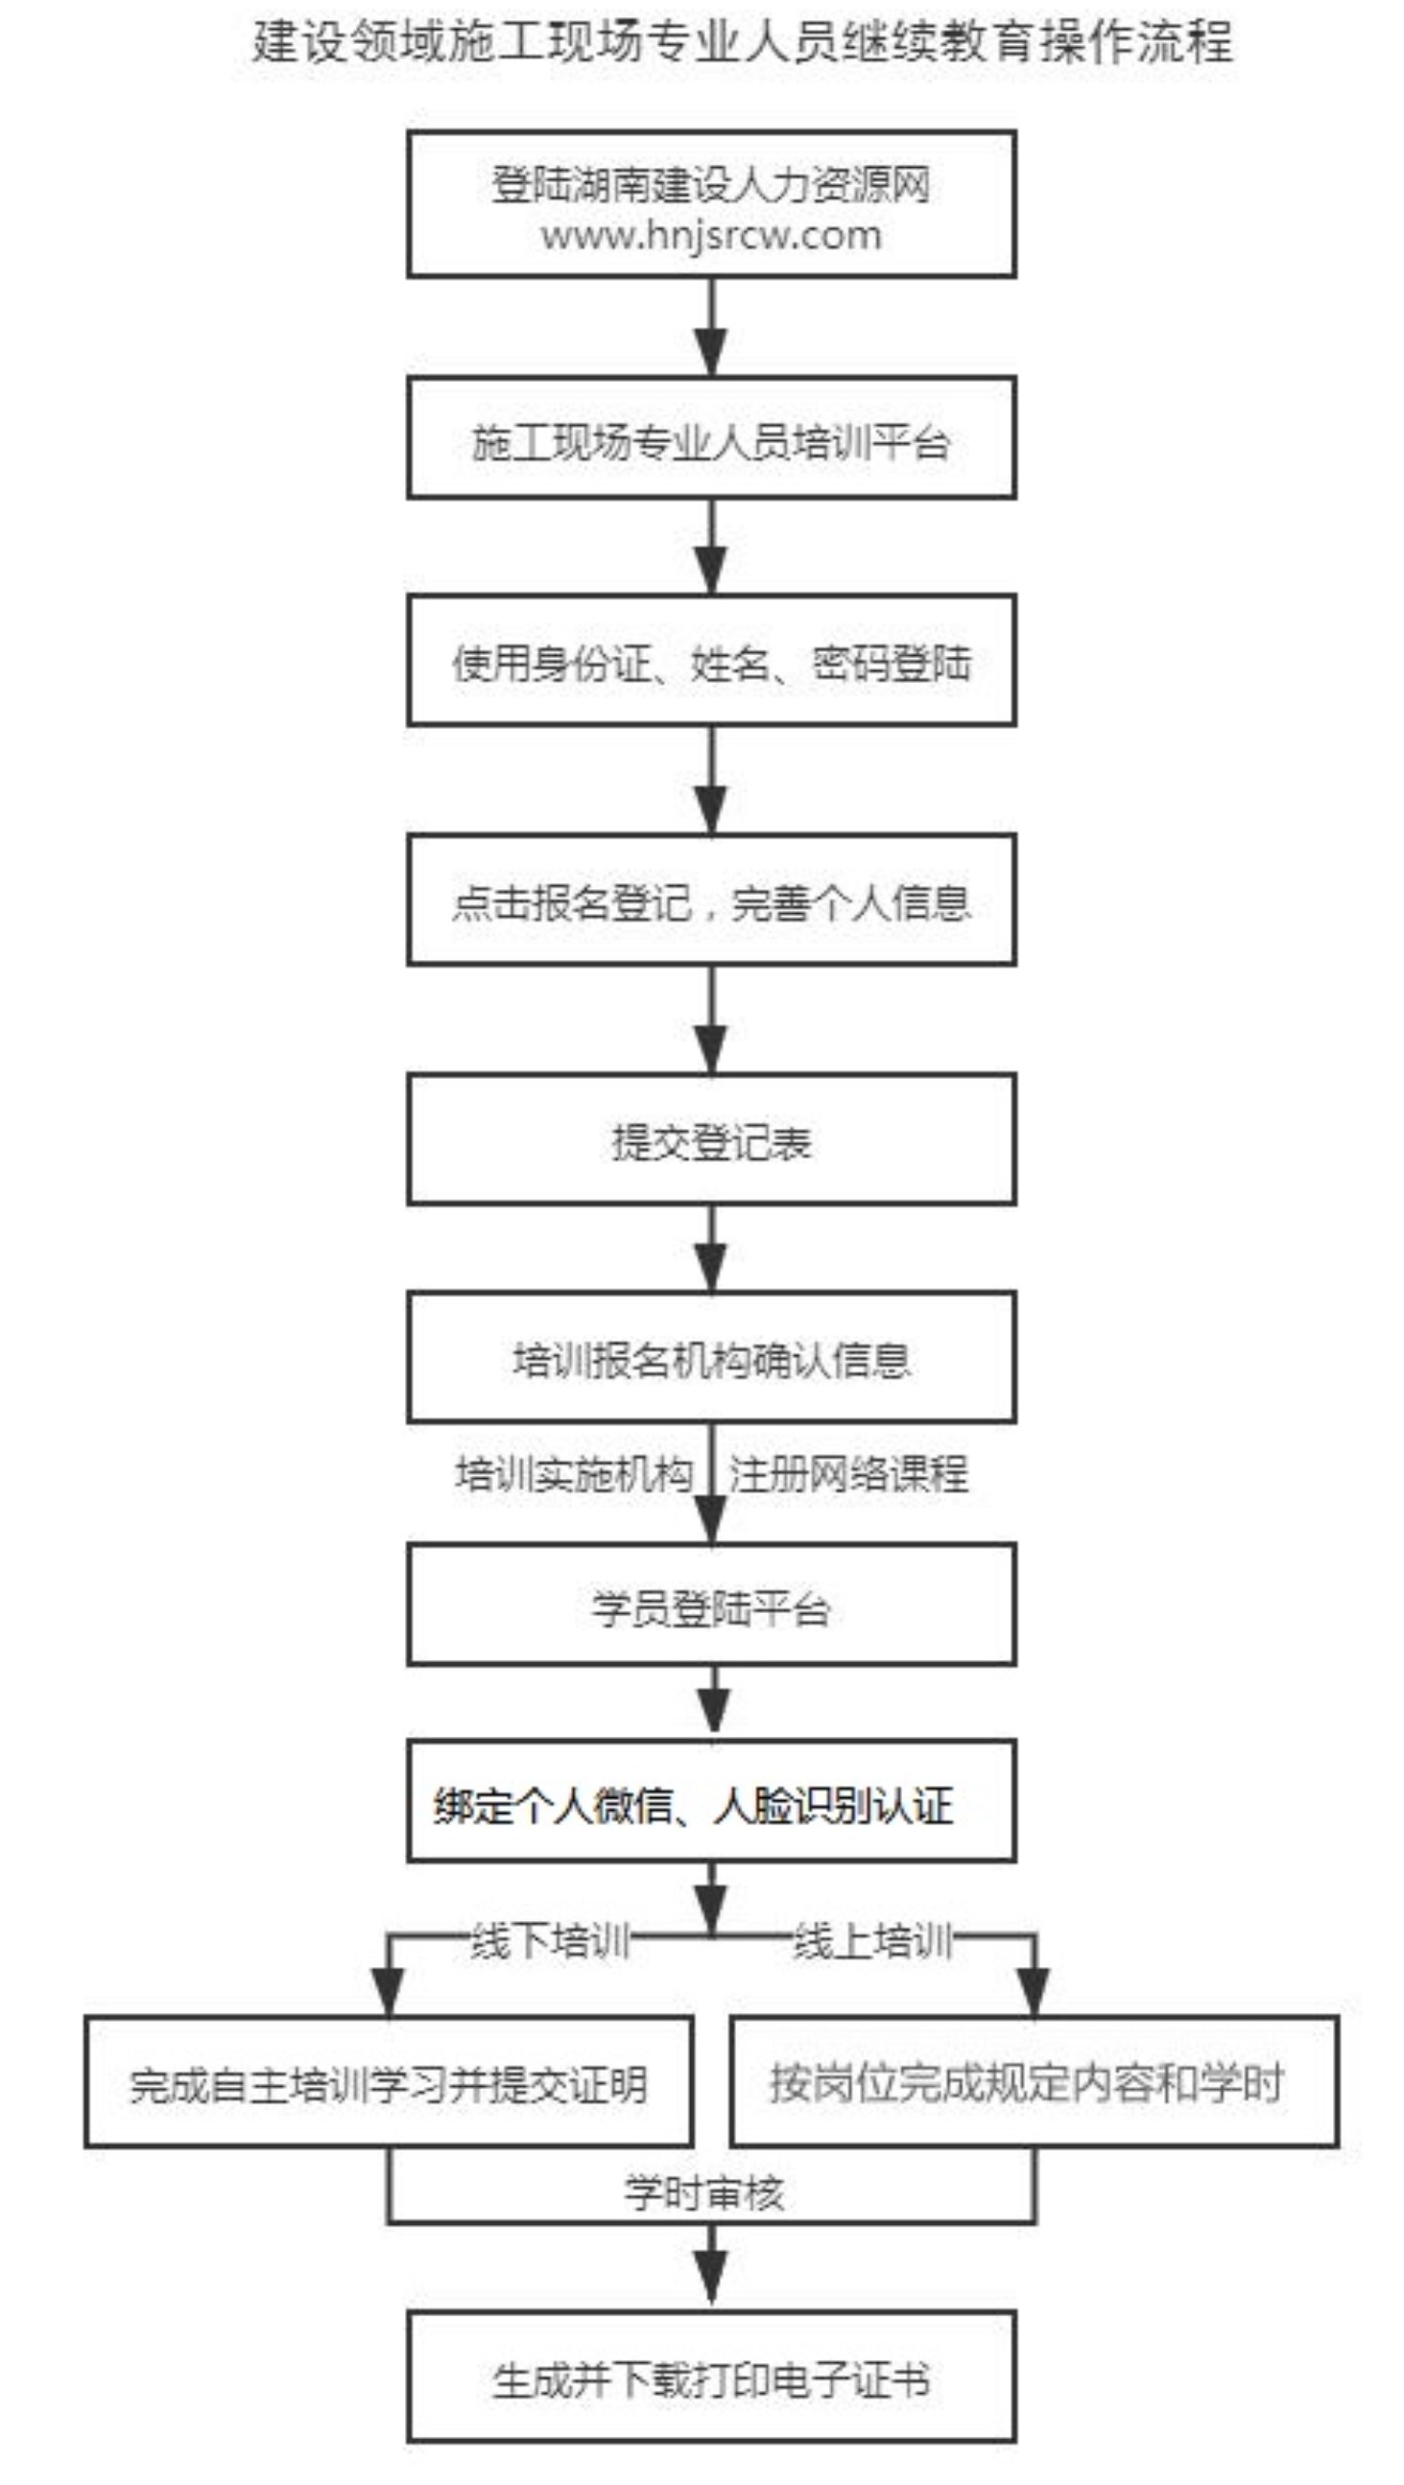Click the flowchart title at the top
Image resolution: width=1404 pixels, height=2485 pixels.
tap(742, 42)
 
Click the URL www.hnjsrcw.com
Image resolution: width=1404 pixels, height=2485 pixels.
tap(711, 234)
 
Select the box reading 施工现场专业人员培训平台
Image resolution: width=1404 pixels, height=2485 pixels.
tap(711, 438)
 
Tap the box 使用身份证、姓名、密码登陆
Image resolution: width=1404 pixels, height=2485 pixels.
tap(711, 661)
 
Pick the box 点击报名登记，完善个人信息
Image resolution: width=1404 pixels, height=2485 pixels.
tap(711, 900)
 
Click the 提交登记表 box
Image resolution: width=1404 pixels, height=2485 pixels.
tap(711, 1139)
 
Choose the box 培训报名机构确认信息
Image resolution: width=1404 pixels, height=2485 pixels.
tap(711, 1357)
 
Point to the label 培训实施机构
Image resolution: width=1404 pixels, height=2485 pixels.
tap(574, 1474)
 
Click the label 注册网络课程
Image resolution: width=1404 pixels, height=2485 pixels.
tap(848, 1474)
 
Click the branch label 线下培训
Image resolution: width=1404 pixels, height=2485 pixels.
tap(549, 1940)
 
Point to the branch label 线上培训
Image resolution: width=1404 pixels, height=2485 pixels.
tap(872, 1940)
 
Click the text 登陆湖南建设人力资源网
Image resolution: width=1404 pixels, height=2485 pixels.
tap(711, 185)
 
